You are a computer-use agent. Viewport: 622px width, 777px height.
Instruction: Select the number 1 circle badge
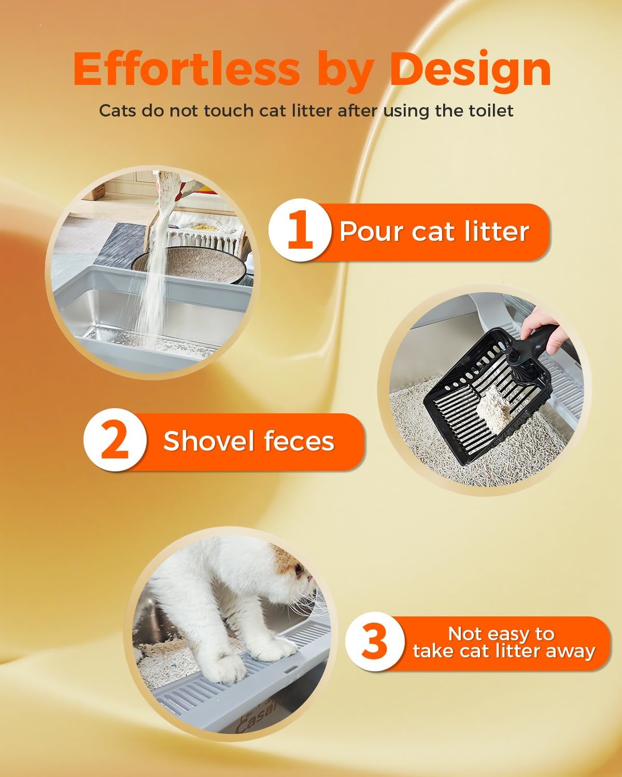coord(300,231)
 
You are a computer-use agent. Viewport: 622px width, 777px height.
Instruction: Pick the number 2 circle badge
coord(115,440)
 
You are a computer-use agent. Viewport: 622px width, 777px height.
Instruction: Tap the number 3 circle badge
coord(374,642)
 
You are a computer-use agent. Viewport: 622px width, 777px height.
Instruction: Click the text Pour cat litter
coord(434,231)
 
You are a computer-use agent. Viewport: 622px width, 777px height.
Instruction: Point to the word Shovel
coord(208,441)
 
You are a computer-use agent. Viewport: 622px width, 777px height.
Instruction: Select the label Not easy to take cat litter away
coord(503,643)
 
